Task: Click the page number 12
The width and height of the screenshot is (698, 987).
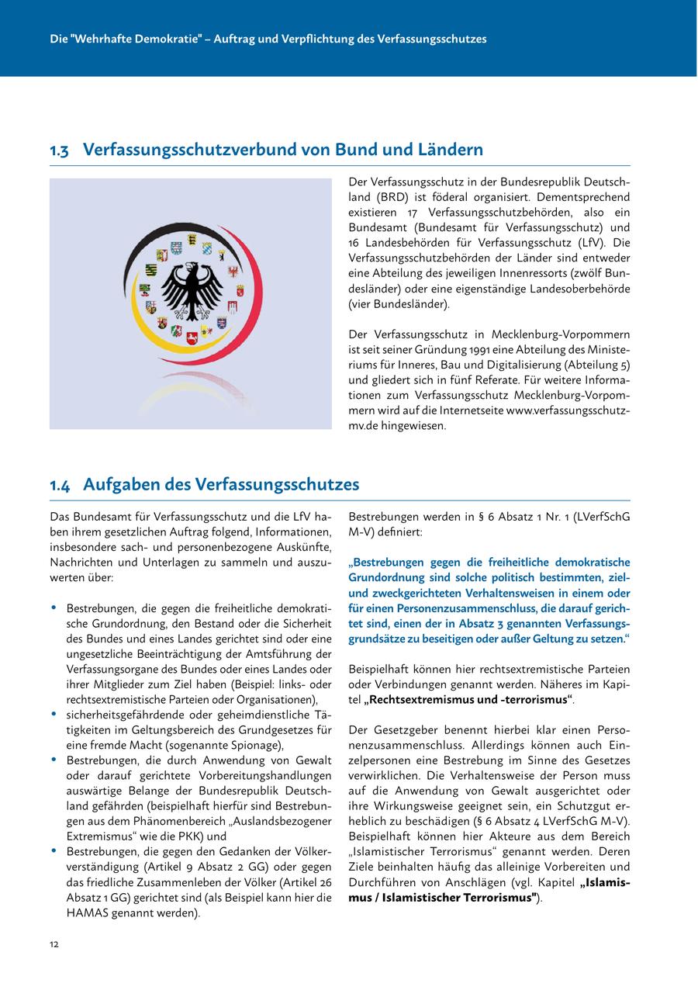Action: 54,944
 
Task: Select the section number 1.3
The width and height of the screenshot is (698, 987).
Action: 59,150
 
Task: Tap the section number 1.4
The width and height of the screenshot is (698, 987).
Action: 60,485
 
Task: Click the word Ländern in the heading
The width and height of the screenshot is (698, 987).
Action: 449,149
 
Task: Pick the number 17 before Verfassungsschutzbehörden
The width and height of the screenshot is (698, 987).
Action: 413,213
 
